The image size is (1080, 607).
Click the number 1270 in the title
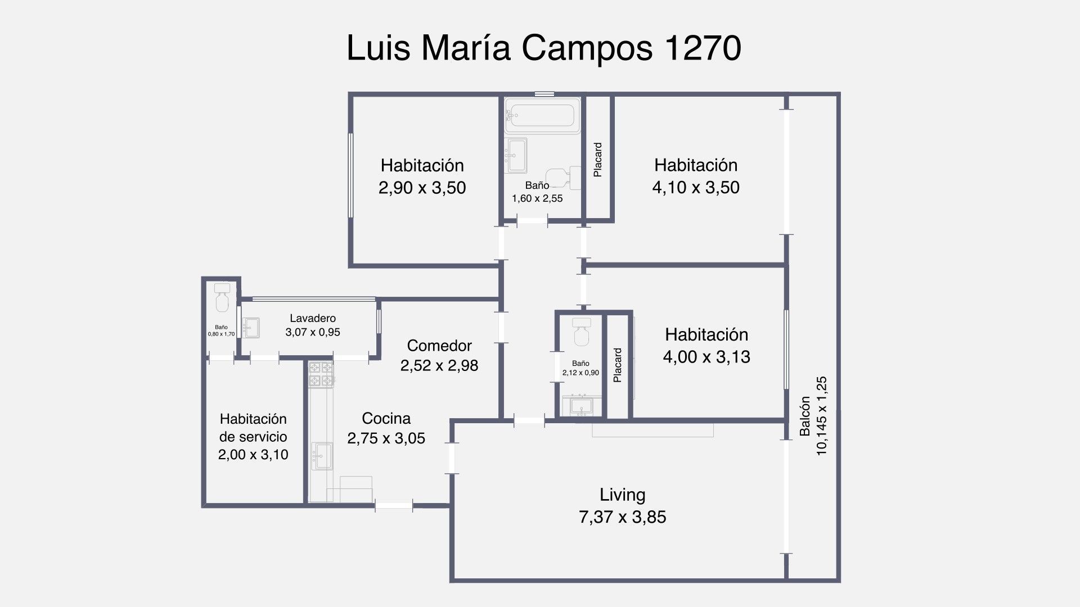(703, 48)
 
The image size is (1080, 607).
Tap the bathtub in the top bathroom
(542, 116)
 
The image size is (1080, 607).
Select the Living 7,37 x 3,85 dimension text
(622, 517)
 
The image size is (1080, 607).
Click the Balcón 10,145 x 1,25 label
(813, 416)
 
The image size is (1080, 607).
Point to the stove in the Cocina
(321, 374)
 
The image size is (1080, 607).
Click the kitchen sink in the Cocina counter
(322, 455)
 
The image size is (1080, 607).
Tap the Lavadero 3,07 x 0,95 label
(313, 325)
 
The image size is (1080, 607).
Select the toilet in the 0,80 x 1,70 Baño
(222, 298)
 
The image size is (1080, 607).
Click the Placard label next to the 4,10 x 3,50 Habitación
(598, 160)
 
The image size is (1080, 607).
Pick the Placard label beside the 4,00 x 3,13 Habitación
(618, 365)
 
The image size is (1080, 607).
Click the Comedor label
(439, 345)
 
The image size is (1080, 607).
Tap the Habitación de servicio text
(253, 428)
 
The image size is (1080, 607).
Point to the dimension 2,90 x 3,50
(422, 188)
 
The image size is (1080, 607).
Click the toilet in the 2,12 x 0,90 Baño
(580, 332)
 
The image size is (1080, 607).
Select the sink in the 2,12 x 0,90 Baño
(579, 405)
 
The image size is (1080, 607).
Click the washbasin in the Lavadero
(251, 328)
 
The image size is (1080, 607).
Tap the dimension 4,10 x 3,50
(696, 187)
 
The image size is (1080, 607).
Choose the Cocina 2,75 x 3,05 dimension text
(386, 438)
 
